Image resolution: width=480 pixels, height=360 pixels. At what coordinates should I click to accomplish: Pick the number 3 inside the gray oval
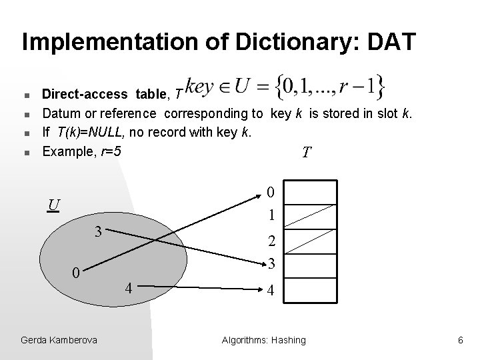pos(97,232)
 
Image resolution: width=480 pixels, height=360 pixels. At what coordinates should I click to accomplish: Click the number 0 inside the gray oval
pos(77,273)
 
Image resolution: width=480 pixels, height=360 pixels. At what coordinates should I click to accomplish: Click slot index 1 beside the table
pos(270,216)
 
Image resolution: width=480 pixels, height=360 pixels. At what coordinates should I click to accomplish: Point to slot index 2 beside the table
pos(270,241)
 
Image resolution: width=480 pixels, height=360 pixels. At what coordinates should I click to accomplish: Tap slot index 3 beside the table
pos(270,264)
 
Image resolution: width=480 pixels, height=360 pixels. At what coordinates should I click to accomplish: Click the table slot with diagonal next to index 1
pos(312,216)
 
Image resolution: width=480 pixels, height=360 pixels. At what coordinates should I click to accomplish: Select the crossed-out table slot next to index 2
pos(312,240)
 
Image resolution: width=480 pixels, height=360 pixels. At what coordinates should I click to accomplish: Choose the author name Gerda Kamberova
pos(59,340)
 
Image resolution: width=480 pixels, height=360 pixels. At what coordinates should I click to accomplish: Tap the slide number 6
pos(459,340)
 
